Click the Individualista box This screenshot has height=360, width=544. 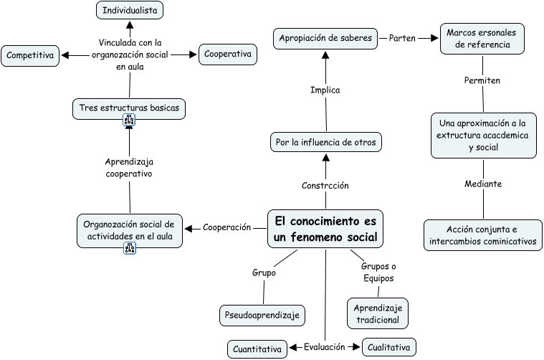tap(130, 10)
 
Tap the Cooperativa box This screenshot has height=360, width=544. tap(227, 55)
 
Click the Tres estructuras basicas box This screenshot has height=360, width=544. tap(129, 108)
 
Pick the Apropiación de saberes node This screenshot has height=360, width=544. tap(325, 38)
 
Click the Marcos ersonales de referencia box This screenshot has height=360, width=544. tap(482, 39)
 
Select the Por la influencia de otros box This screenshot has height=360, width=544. tap(325, 142)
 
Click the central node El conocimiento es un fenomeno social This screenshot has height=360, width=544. tap(325, 229)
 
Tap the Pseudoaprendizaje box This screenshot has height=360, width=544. tap(262, 315)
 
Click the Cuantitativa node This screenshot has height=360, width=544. tap(257, 349)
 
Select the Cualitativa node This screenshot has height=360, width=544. tap(388, 347)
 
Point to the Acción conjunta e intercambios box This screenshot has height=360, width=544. tap(482, 235)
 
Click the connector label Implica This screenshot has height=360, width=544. tap(325, 90)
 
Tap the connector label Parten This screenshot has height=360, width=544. tap(402, 38)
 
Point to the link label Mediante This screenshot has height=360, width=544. tap(482, 184)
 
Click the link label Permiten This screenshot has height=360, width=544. tap(482, 80)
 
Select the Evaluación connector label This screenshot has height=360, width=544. tap(324, 347)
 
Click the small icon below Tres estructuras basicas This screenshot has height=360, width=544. tap(130, 121)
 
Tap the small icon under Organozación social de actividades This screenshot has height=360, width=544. tap(130, 248)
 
